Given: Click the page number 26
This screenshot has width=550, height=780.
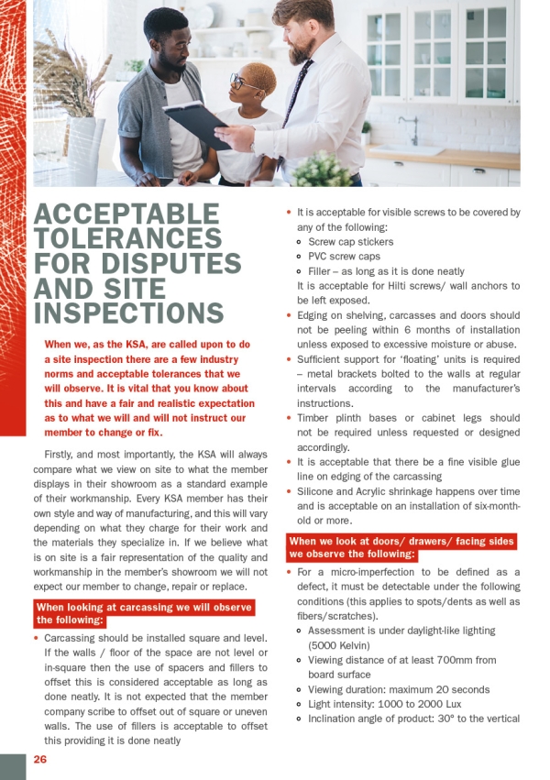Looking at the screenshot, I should click(40, 760).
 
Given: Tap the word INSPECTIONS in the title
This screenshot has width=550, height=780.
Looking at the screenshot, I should click(128, 313).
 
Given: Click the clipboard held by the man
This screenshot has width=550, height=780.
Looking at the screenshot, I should click(197, 123).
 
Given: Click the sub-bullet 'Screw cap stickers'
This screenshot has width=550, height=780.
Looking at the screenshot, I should click(351, 242).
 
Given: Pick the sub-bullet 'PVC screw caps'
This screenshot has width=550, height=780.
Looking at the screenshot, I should click(344, 257).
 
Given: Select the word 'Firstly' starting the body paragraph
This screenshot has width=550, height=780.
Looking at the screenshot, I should click(61, 455).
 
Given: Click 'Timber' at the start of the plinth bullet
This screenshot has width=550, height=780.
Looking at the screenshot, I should click(315, 418).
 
